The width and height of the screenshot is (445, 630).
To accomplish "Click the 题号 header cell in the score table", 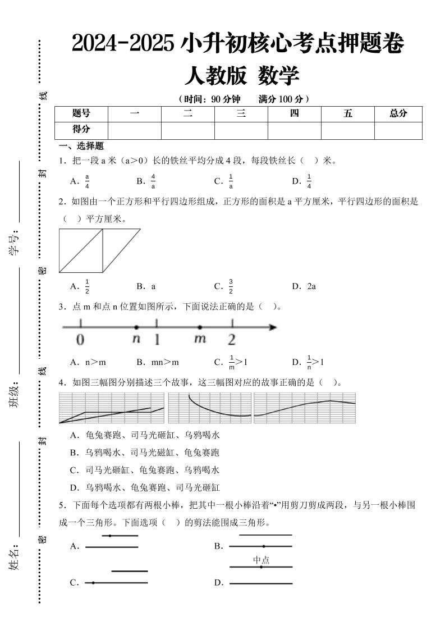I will (x=81, y=113).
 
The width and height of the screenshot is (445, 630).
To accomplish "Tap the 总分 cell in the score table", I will (x=398, y=113).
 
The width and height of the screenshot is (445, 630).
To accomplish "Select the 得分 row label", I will (x=81, y=129).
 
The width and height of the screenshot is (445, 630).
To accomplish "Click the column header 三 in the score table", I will (x=241, y=113).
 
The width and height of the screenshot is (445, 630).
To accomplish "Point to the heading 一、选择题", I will (x=82, y=147).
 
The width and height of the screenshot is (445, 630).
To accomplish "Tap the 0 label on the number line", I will (x=80, y=340).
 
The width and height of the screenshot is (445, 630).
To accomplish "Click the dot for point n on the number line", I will (x=136, y=327).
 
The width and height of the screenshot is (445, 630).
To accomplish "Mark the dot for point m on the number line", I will (x=200, y=327).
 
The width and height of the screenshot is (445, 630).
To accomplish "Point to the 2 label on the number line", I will (x=232, y=340).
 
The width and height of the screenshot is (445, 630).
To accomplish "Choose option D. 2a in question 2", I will (x=304, y=286).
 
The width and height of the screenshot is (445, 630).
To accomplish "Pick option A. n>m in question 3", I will (x=88, y=362).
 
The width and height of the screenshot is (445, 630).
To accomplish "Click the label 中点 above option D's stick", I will (x=261, y=559).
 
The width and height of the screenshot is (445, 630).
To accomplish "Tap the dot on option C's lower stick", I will (x=93, y=583).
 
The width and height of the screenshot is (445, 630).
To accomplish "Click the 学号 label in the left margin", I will (x=14, y=243).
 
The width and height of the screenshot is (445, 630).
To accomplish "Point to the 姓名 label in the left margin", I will (x=14, y=556).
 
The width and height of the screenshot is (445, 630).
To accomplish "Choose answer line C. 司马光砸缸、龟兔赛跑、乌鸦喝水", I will (x=144, y=470).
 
